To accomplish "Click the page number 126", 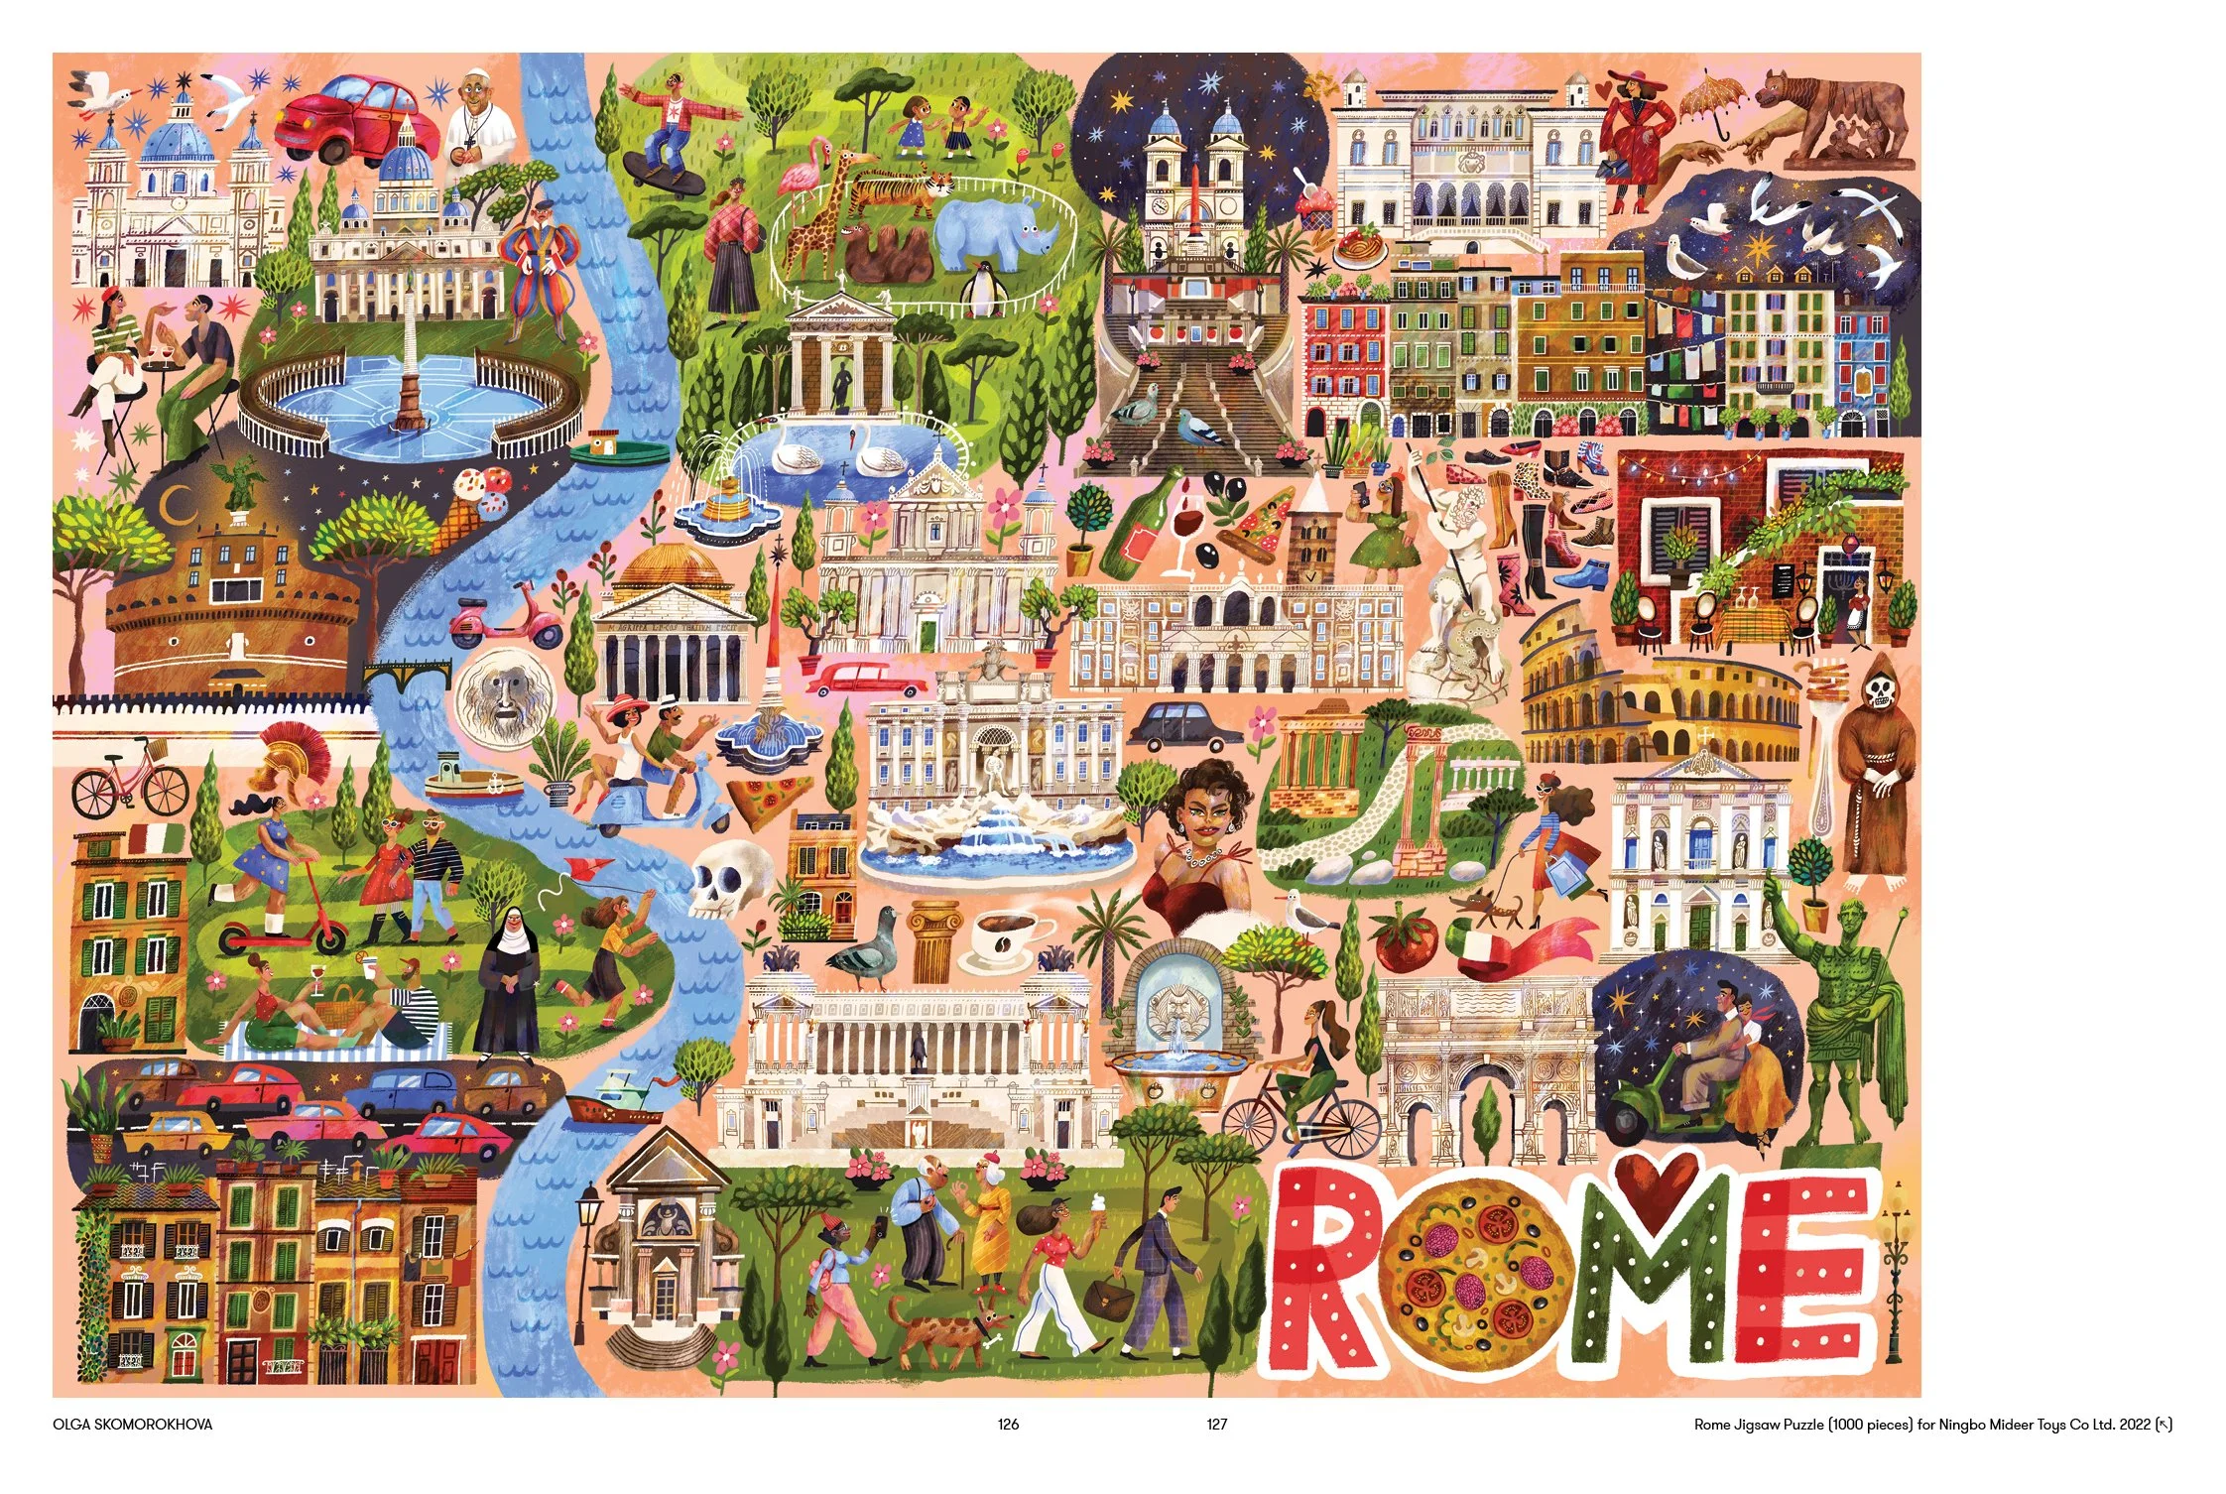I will click(1008, 1425).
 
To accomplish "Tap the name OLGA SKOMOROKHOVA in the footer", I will click(132, 1425).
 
